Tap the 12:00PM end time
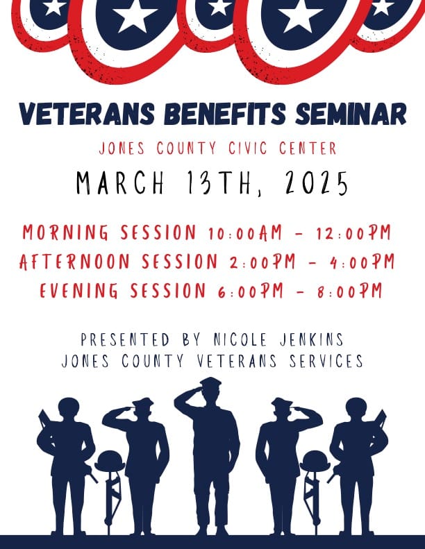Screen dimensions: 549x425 click(x=355, y=233)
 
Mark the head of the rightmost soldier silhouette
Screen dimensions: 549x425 click(x=356, y=409)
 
